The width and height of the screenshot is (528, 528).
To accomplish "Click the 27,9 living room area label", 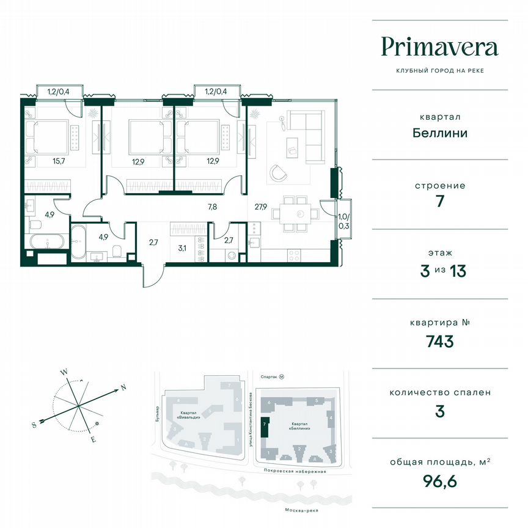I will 261,207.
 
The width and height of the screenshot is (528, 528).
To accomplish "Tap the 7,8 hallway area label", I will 212,207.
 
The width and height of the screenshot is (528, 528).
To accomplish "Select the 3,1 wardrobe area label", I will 182,248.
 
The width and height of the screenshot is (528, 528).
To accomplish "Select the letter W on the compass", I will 63,371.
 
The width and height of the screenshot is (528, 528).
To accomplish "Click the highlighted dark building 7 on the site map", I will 264,426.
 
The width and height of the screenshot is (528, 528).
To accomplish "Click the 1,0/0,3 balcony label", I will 345,221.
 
